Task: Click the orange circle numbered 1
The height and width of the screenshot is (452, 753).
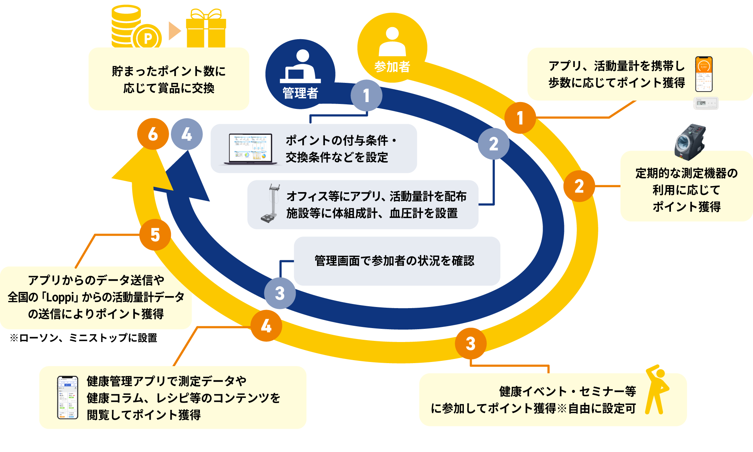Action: [520, 118]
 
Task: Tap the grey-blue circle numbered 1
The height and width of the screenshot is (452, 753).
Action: [366, 95]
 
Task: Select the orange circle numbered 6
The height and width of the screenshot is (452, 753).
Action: [153, 134]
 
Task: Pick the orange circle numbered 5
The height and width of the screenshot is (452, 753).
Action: [155, 235]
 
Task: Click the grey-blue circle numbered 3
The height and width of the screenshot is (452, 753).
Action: [280, 293]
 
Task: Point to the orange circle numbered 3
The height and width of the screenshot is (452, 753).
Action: [471, 343]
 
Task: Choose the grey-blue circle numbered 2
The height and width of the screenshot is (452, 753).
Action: [494, 144]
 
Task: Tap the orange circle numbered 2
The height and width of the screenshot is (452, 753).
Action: [579, 186]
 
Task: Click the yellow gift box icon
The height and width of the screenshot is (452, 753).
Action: [206, 29]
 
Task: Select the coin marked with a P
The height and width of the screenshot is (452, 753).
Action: [148, 38]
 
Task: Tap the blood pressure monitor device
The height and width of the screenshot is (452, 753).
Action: [690, 142]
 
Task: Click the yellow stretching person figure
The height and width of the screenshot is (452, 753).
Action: [657, 390]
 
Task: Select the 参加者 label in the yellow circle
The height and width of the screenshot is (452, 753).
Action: [392, 67]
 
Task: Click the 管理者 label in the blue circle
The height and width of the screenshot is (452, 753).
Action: [300, 93]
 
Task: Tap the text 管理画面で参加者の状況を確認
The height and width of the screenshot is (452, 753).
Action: [394, 261]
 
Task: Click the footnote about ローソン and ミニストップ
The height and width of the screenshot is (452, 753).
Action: [84, 338]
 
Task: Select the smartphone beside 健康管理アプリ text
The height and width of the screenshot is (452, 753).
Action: [68, 397]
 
